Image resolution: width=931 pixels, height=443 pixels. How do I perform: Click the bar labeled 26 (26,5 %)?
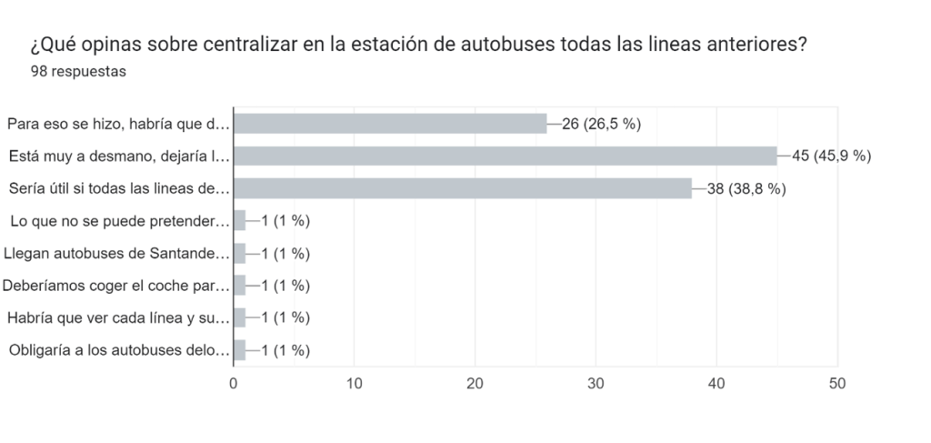[390, 124]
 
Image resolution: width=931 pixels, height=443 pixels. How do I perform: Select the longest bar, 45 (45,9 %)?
[505, 156]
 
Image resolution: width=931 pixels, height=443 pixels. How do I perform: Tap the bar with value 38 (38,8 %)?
[463, 188]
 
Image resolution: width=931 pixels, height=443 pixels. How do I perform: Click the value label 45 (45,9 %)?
[832, 156]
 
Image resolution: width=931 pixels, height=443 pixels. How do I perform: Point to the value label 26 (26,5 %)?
[602, 124]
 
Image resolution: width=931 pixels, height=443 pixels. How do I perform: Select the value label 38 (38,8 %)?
[746, 188]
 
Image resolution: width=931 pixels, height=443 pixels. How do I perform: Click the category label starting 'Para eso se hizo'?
[115, 124]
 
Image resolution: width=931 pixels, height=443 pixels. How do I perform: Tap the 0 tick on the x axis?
[234, 383]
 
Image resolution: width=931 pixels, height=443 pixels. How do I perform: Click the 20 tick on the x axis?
[476, 383]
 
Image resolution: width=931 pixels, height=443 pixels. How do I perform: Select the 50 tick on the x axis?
[837, 383]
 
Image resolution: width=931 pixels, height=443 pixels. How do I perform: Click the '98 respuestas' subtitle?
[78, 72]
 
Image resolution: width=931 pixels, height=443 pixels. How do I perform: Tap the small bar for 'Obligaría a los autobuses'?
[240, 350]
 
